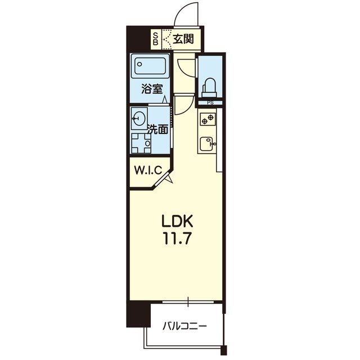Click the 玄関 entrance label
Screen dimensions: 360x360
183,39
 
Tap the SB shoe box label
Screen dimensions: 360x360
156,39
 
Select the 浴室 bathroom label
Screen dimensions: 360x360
152,89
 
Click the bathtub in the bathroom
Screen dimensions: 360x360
150,66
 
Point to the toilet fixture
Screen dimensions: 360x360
209,88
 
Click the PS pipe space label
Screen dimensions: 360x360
210,103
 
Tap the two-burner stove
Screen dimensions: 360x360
208,119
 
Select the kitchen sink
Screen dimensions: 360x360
208,144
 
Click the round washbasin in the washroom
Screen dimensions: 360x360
139,119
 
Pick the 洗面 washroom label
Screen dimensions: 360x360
157,129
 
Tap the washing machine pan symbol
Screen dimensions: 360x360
141,143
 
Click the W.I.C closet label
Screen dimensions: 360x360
148,170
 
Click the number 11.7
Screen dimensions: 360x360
177,238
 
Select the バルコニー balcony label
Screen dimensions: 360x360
185,326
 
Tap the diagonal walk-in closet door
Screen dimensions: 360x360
163,179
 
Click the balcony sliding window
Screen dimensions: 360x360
188,301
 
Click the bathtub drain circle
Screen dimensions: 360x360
139,64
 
